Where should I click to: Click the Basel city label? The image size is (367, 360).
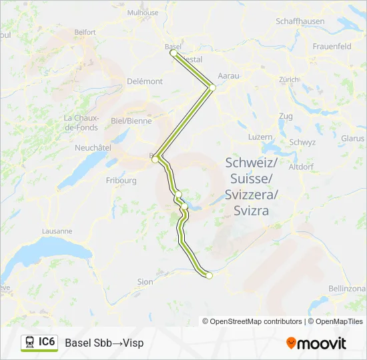[x=172, y=46]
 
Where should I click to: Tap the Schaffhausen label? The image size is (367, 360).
[x=300, y=21]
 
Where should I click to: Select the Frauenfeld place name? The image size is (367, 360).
[x=332, y=47]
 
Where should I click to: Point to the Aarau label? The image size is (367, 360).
[x=228, y=76]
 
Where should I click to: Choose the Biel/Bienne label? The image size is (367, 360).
[x=131, y=121]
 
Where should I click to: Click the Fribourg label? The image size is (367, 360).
[x=121, y=180]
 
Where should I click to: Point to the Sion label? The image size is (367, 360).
[x=145, y=282]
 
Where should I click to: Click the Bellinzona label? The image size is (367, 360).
[x=347, y=288]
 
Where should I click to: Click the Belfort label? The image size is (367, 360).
[x=85, y=31]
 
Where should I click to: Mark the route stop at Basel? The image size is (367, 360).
[x=173, y=52]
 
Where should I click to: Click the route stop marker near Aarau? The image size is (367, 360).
[x=212, y=87]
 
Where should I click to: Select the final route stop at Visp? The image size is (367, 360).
[x=209, y=275]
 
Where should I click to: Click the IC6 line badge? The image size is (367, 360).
[x=39, y=343]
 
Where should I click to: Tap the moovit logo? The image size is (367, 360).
[x=316, y=343]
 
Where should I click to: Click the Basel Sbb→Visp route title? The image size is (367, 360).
[x=104, y=343]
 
